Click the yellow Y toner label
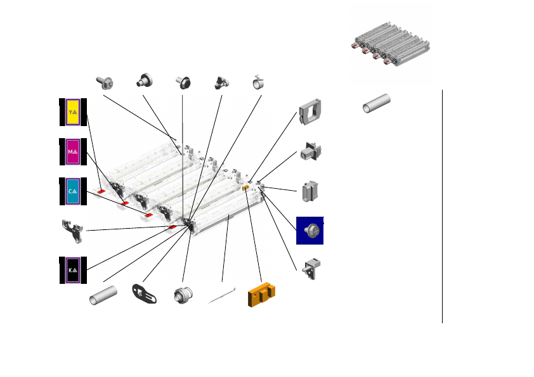pos(73,112)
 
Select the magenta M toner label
pos(73,151)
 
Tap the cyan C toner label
pos(73,191)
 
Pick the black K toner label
pos(73,270)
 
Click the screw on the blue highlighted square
pos(310,231)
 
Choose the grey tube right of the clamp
pos(376,104)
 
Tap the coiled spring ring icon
pos(259,82)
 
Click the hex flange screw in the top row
pos(103,81)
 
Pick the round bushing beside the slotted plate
pos(184,295)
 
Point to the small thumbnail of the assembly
pos(391,44)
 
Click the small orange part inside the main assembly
pos(245,188)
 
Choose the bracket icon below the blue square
pos(312,269)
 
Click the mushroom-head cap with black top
pos(184,82)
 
